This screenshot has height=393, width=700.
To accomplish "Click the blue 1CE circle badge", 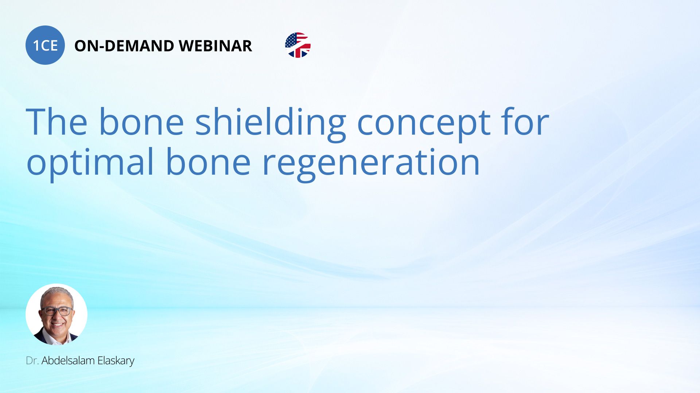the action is coord(45,45).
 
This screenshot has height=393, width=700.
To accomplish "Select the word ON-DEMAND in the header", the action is coord(124,46).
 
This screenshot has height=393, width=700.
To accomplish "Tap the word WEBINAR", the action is coord(215,46).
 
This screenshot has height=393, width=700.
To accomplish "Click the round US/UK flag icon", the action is coord(298,45).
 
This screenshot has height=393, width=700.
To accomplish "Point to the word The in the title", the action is coord(57,122).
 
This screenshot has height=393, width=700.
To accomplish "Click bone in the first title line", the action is coord(141,122).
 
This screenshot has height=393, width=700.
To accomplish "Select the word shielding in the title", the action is coord(271,124).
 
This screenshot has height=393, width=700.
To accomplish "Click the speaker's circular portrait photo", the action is coord(57,314).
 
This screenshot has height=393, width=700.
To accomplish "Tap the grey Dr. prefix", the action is coord(32,361).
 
